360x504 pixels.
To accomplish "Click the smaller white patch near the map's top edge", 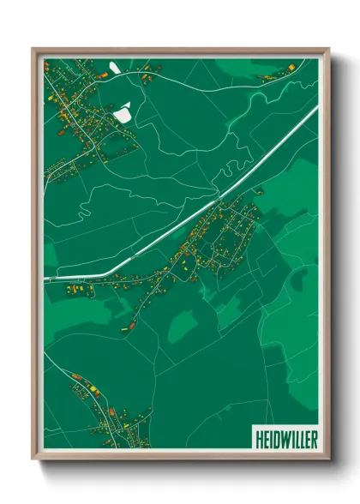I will coord(115,66).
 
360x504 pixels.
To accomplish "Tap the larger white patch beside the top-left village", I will coord(123,111).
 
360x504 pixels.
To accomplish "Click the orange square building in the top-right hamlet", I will coord(291,67).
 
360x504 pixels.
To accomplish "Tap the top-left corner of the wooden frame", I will coord(33,49).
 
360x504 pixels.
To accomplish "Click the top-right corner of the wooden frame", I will coord(328,49).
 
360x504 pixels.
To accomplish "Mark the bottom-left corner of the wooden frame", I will coord(33,460).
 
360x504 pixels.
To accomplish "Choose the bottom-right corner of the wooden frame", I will coord(328,460).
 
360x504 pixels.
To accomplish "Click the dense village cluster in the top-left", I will coord(81,107).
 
